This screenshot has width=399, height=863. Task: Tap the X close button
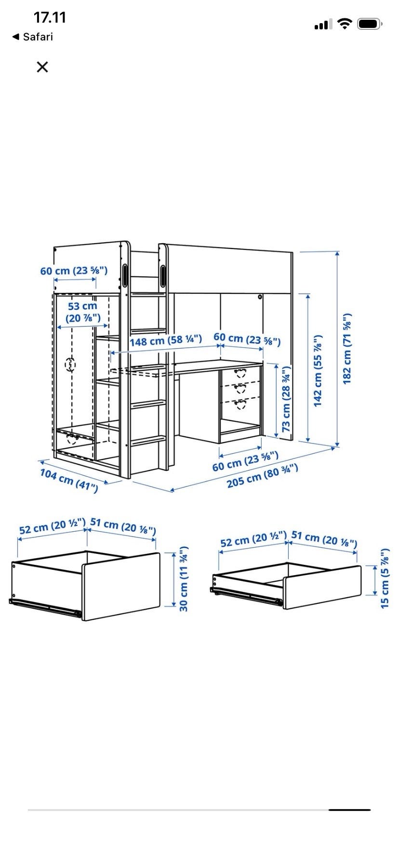pos(42,67)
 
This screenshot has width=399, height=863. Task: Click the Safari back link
pos(33,37)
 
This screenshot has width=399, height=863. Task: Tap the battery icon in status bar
pos(370,24)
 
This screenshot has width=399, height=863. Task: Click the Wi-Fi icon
pos(345,24)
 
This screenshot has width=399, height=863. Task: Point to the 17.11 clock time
pos(50,18)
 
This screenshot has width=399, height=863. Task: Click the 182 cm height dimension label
pos(347,349)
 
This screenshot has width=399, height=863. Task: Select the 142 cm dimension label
pos(318,371)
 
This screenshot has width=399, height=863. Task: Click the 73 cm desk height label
pos(286,399)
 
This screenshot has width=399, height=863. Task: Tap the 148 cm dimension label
pos(165,340)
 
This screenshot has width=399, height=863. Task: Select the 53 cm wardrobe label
pos(83,312)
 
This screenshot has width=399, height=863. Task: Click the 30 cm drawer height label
pos(183,579)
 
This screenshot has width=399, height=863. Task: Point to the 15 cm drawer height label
pos(385,578)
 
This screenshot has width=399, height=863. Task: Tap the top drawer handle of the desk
pos(240,372)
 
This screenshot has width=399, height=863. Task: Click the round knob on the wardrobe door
pos(71,365)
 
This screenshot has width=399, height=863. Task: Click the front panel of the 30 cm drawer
pos(121,586)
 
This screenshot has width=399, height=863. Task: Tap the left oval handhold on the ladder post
pos(125,275)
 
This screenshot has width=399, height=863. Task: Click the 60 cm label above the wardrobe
pos(74,271)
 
